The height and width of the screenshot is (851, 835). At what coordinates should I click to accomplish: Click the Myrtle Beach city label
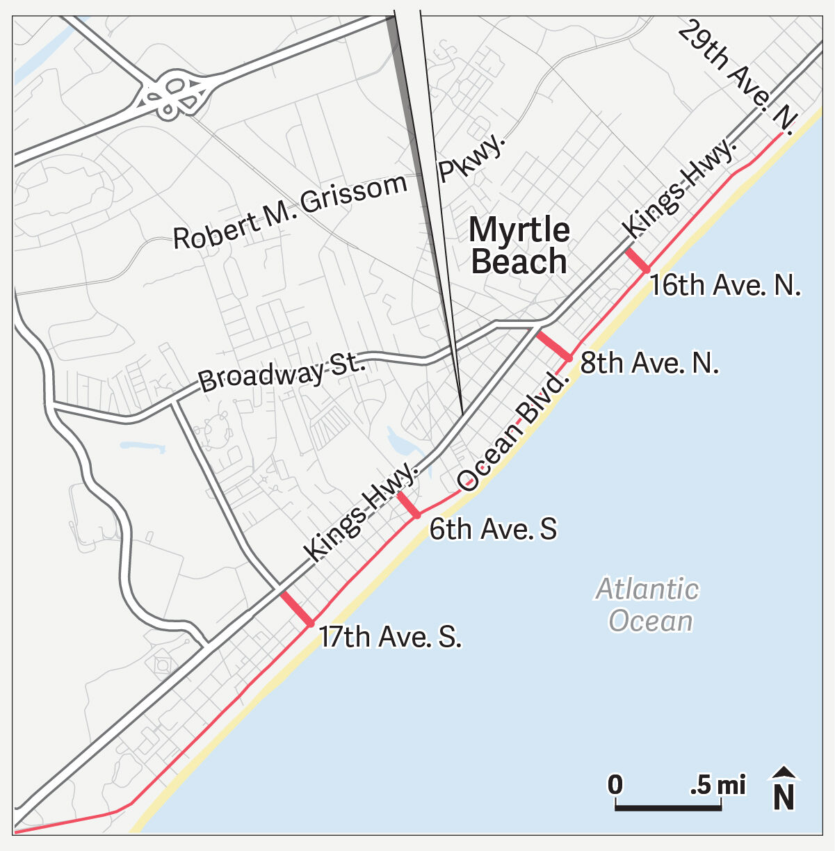[519, 245]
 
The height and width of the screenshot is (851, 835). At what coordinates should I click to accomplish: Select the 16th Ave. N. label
[725, 286]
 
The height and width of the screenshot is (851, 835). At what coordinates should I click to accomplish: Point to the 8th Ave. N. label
[649, 363]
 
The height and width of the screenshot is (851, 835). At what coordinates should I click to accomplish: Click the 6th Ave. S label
[493, 529]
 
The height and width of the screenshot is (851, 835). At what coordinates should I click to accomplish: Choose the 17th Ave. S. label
[390, 637]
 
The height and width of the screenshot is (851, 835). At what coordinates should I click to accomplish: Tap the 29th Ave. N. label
[738, 74]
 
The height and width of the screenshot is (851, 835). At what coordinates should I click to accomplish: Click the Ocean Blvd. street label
[513, 432]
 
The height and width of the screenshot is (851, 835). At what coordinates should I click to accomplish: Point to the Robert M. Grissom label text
[290, 211]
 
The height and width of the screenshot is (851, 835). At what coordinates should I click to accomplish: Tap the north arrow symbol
[784, 789]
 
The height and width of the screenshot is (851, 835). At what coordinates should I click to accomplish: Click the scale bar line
[667, 808]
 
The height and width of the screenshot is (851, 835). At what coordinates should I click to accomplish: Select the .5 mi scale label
[718, 785]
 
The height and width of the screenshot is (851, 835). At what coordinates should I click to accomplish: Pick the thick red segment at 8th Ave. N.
[553, 346]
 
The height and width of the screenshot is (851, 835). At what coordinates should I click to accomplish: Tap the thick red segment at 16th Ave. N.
[637, 259]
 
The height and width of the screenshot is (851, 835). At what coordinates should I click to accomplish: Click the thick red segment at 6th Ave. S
[408, 505]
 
